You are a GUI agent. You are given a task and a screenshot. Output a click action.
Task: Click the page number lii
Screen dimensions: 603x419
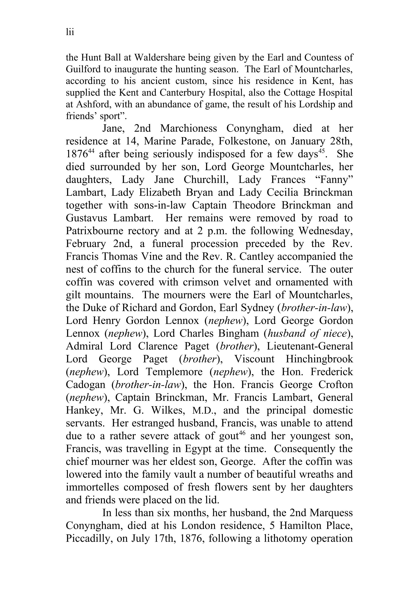click(x=70, y=32)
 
